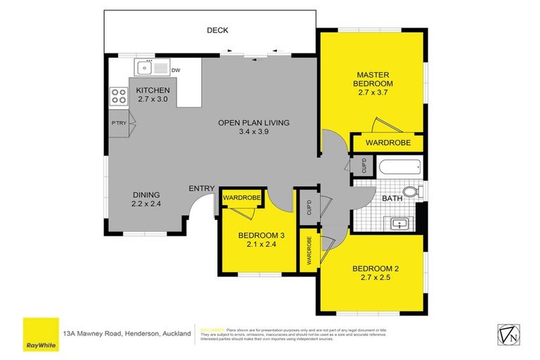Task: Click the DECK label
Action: coord(217,30)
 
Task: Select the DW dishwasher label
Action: coord(176,70)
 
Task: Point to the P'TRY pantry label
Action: coord(118,124)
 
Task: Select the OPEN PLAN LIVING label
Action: coord(254,122)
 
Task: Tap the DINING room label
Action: coord(146,195)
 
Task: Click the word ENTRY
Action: coord(201,188)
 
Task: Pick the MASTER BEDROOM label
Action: coord(373,79)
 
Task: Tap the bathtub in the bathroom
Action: coord(397,167)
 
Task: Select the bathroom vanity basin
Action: coord(399,224)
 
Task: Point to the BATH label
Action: coord(391,199)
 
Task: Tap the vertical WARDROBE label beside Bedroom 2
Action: coord(308,250)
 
